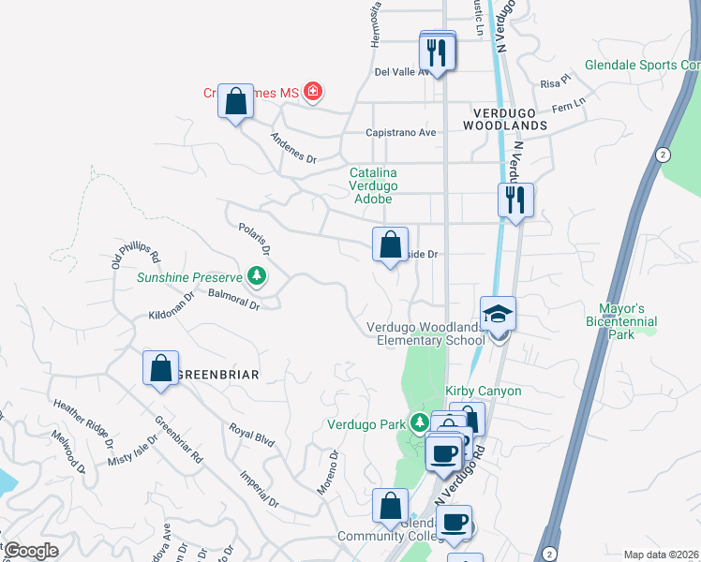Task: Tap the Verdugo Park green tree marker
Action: [x=419, y=423]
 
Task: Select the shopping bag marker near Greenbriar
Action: [x=161, y=368]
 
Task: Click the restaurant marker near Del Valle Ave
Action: [x=439, y=51]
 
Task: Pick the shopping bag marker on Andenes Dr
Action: [x=236, y=100]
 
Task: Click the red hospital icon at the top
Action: [x=313, y=92]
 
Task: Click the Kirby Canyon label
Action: [x=483, y=390]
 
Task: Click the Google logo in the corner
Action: [x=30, y=551]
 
